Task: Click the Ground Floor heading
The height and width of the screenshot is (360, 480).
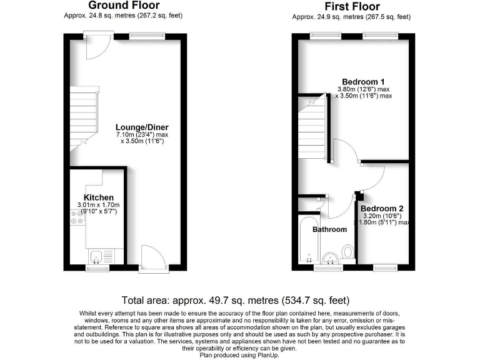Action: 124,6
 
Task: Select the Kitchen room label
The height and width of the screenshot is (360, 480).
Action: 99,197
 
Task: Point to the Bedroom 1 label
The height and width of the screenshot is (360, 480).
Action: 363,81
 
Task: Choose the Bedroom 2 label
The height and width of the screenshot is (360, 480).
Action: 382,208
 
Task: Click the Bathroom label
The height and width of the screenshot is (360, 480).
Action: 329,229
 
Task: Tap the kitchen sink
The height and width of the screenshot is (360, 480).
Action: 97,255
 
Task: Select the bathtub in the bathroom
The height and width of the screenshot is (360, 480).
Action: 307,241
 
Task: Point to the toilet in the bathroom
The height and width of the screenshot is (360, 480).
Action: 348,252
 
